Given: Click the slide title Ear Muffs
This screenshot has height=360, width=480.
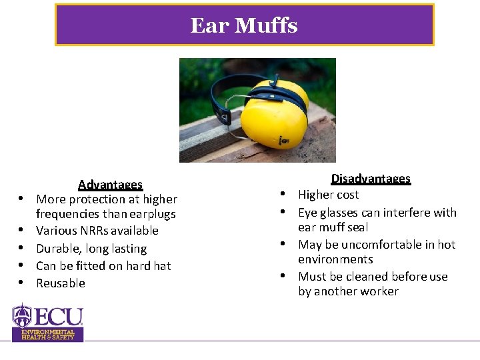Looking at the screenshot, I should pyautogui.click(x=244, y=25).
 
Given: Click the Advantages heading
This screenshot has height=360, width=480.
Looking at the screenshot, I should pyautogui.click(x=110, y=185).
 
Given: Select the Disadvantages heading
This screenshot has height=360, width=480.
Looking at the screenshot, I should pyautogui.click(x=371, y=179).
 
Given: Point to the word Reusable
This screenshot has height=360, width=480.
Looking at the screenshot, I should pyautogui.click(x=61, y=283).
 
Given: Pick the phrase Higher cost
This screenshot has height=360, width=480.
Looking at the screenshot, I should pyautogui.click(x=328, y=195).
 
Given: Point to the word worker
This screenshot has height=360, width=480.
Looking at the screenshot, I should pyautogui.click(x=379, y=291).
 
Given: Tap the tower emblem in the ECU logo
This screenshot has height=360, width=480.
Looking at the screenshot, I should pyautogui.click(x=23, y=314).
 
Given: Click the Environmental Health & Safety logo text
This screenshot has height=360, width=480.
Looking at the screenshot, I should pyautogui.click(x=48, y=334).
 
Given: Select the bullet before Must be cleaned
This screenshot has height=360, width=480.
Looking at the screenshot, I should pyautogui.click(x=283, y=277).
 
